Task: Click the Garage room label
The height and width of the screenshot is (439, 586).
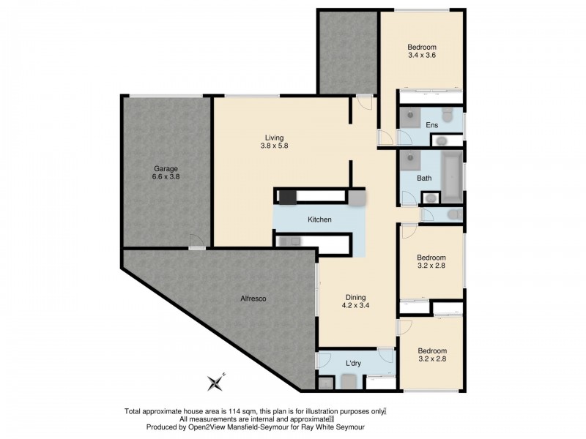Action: pos(166,166)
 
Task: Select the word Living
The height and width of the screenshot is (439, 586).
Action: pos(274,137)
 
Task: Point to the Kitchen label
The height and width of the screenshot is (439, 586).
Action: pos(319,219)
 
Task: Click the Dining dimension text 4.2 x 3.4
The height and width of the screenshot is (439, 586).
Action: pos(355,307)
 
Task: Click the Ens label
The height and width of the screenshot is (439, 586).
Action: pos(431,125)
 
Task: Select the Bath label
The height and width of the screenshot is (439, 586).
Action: pos(424,178)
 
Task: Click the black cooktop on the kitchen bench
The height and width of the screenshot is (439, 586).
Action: pos(286,196)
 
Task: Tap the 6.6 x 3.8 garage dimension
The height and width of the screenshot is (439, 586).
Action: pos(166,176)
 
